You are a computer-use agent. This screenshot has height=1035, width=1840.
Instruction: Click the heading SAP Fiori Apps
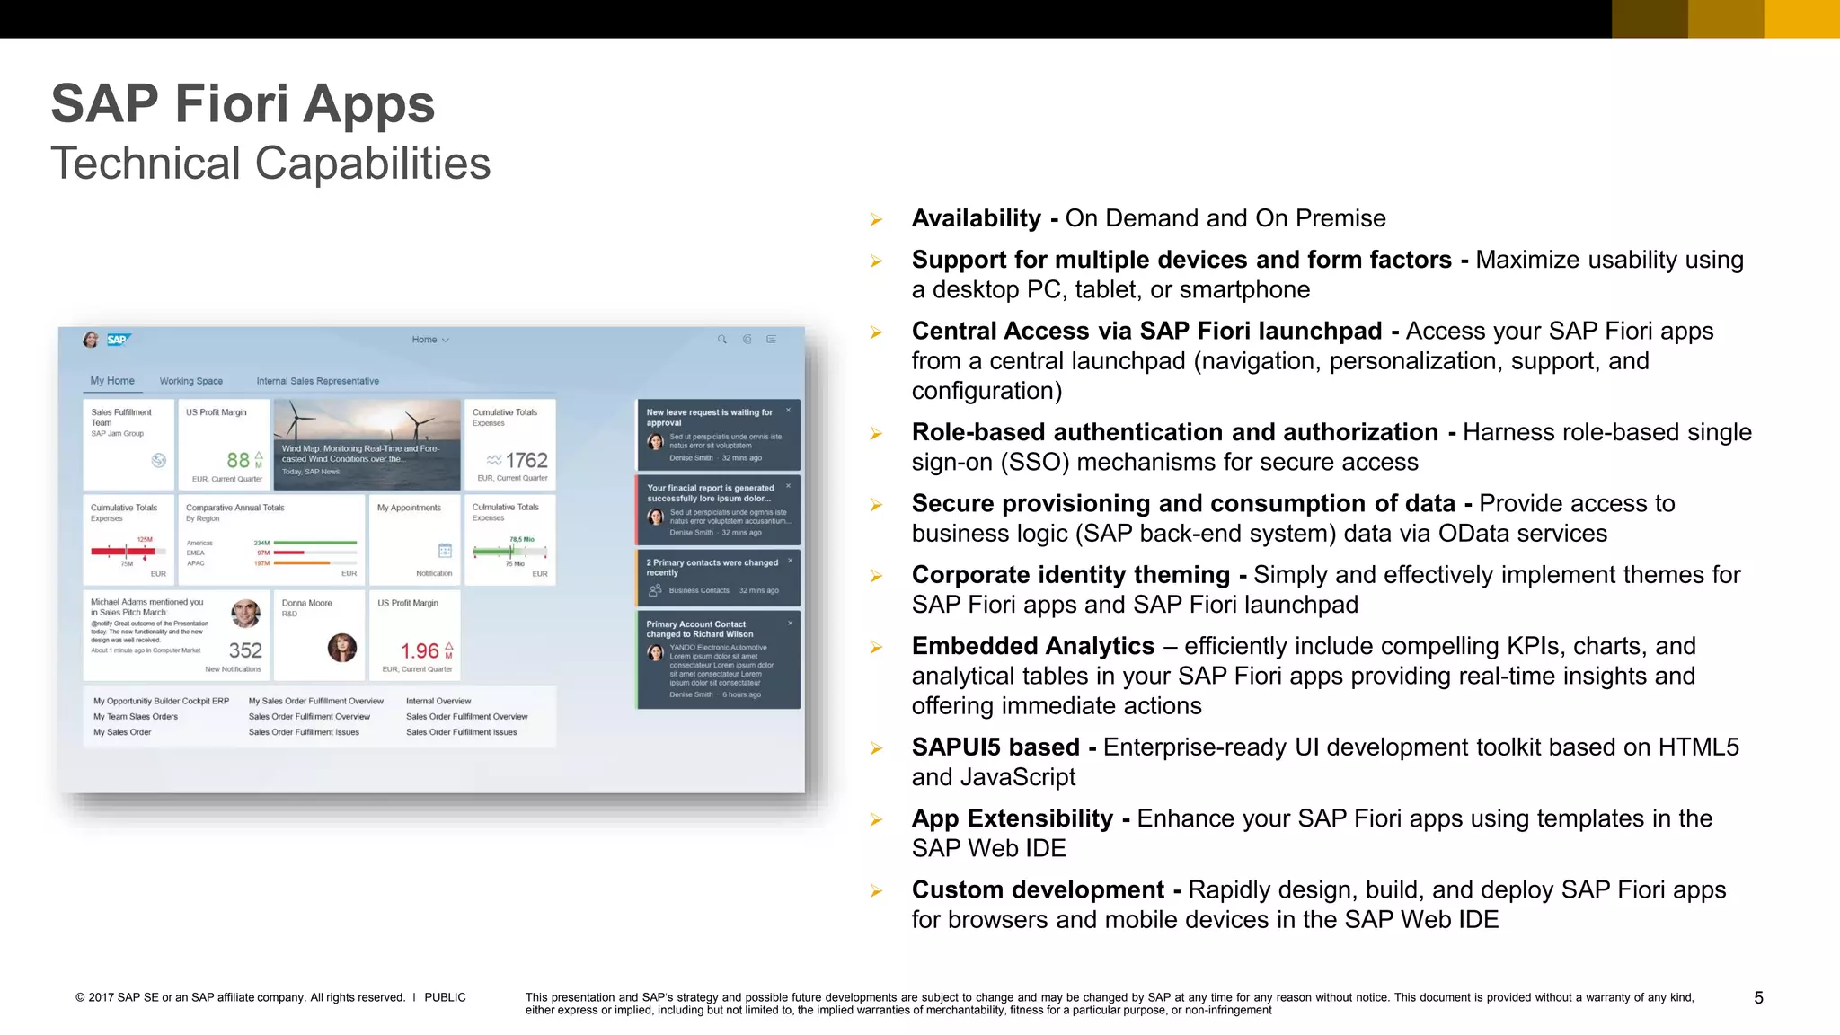point(243,104)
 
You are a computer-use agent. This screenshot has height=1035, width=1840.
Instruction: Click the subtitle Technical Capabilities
point(270,164)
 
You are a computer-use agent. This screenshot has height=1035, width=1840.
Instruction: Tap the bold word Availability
point(976,218)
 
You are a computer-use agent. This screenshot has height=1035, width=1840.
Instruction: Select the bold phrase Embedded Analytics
point(1032,646)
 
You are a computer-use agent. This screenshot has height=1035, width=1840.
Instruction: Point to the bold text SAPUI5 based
point(995,747)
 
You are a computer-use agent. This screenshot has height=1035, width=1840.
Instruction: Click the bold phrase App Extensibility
point(1012,818)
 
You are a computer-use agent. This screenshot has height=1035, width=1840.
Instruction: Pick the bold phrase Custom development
point(1037,889)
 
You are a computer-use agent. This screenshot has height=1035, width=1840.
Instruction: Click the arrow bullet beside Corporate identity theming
point(876,576)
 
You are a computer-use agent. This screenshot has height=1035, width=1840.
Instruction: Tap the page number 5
point(1758,997)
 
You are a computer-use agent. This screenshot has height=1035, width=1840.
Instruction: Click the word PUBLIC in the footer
point(445,997)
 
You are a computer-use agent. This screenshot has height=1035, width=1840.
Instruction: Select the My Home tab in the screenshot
point(112,381)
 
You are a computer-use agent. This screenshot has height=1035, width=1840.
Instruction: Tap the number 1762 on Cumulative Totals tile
point(526,460)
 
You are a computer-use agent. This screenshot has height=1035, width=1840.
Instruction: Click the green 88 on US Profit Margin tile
point(238,460)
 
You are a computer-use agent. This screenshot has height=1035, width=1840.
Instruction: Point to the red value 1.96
point(420,650)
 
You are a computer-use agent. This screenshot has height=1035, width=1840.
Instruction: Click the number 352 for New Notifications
point(245,650)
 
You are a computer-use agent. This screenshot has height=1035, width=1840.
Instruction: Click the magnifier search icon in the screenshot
point(721,340)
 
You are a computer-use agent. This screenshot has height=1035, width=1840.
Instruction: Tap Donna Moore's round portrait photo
point(341,647)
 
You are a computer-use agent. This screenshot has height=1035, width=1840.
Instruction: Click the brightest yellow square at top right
point(1801,19)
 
